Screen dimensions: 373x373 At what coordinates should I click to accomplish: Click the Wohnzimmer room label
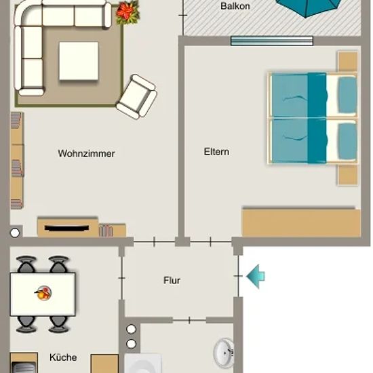[86, 153]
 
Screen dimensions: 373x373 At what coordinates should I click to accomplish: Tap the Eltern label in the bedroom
[216, 152]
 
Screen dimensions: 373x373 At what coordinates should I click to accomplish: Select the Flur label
[172, 280]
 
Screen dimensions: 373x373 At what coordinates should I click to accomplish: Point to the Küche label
[63, 357]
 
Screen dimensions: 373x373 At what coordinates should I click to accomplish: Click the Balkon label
[235, 6]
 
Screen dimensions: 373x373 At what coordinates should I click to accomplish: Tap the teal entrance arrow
[256, 277]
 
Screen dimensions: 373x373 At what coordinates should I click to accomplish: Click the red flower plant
[127, 13]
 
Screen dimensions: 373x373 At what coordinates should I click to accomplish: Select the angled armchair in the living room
[137, 97]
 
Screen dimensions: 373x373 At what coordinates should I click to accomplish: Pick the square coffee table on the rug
[79, 61]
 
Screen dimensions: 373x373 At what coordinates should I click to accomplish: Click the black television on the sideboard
[66, 228]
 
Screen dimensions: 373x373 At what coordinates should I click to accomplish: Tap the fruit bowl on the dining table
[43, 293]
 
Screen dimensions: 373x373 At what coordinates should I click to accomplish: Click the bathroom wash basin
[224, 353]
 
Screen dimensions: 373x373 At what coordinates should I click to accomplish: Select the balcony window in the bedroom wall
[272, 41]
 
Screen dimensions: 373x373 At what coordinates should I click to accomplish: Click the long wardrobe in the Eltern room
[301, 223]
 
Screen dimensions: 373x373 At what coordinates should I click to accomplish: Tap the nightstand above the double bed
[348, 61]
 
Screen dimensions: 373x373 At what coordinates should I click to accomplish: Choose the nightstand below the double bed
[348, 175]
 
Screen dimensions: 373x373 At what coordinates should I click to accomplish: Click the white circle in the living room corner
[15, 233]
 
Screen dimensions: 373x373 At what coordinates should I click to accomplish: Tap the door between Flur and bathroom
[189, 320]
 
